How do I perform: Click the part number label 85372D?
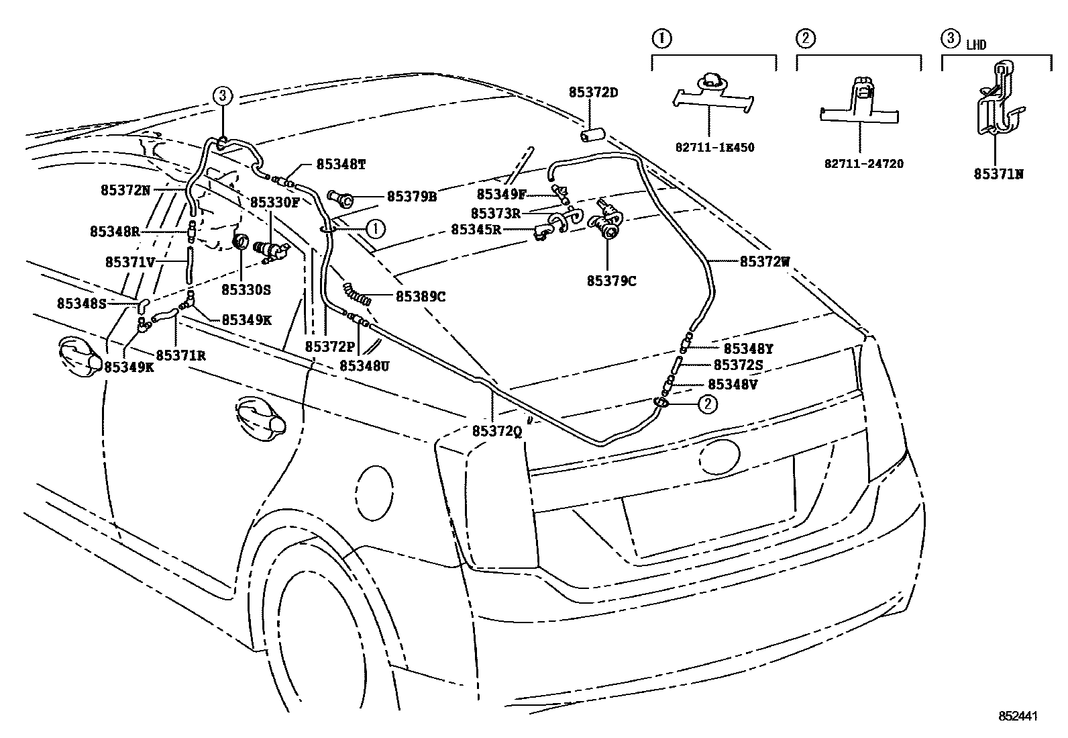click(x=594, y=92)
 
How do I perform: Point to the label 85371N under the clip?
click(x=998, y=174)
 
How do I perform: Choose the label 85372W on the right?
click(x=765, y=262)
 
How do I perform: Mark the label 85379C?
click(x=611, y=281)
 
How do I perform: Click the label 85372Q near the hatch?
click(x=496, y=432)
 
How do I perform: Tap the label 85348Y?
click(x=748, y=349)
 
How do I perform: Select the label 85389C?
click(x=421, y=296)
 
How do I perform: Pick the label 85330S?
click(x=246, y=289)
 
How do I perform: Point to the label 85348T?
click(x=341, y=165)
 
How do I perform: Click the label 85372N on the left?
click(x=125, y=190)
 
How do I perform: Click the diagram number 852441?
click(x=1017, y=716)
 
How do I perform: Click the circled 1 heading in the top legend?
click(x=661, y=38)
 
